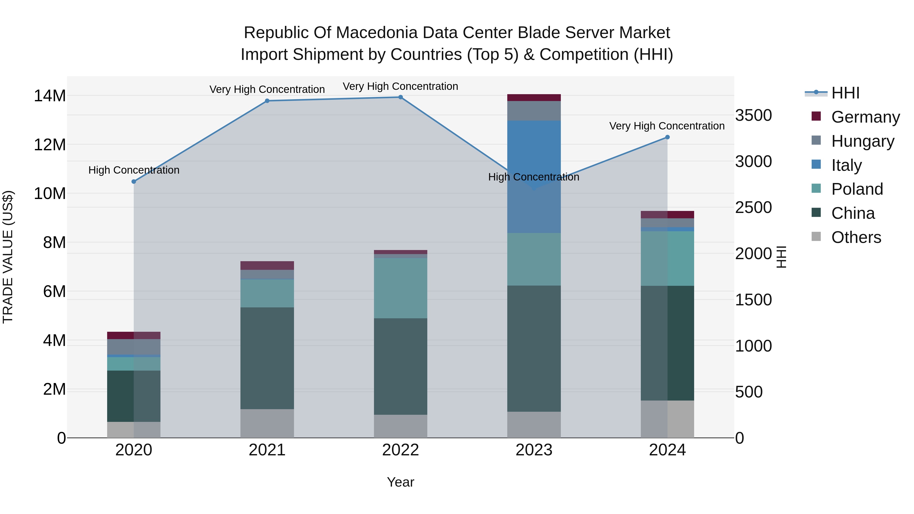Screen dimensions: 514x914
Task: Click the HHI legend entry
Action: pyautogui.click(x=845, y=93)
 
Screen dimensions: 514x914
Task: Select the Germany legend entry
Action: pyautogui.click(x=865, y=117)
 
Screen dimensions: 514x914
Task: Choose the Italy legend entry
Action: pyautogui.click(x=846, y=165)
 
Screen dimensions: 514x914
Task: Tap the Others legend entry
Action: pyautogui.click(x=856, y=237)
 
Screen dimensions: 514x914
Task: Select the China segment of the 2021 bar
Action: pyautogui.click(x=267, y=358)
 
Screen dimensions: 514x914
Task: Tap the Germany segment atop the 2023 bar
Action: pyautogui.click(x=534, y=97)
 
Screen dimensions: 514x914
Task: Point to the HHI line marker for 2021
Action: pyautogui.click(x=267, y=101)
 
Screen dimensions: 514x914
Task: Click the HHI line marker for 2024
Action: pyautogui.click(x=667, y=137)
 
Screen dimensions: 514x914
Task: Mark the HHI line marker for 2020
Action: pyautogui.click(x=134, y=182)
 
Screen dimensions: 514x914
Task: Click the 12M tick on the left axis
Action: pyautogui.click(x=50, y=145)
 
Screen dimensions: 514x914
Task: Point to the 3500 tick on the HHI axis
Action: pyautogui.click(x=753, y=115)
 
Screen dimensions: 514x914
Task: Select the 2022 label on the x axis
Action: pyautogui.click(x=400, y=450)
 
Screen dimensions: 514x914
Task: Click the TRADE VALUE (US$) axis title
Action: pyautogui.click(x=8, y=257)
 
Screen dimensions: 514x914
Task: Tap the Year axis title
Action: pyautogui.click(x=400, y=482)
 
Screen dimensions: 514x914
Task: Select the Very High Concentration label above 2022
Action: pyautogui.click(x=400, y=86)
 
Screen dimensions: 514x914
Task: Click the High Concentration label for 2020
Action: pyautogui.click(x=134, y=170)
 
